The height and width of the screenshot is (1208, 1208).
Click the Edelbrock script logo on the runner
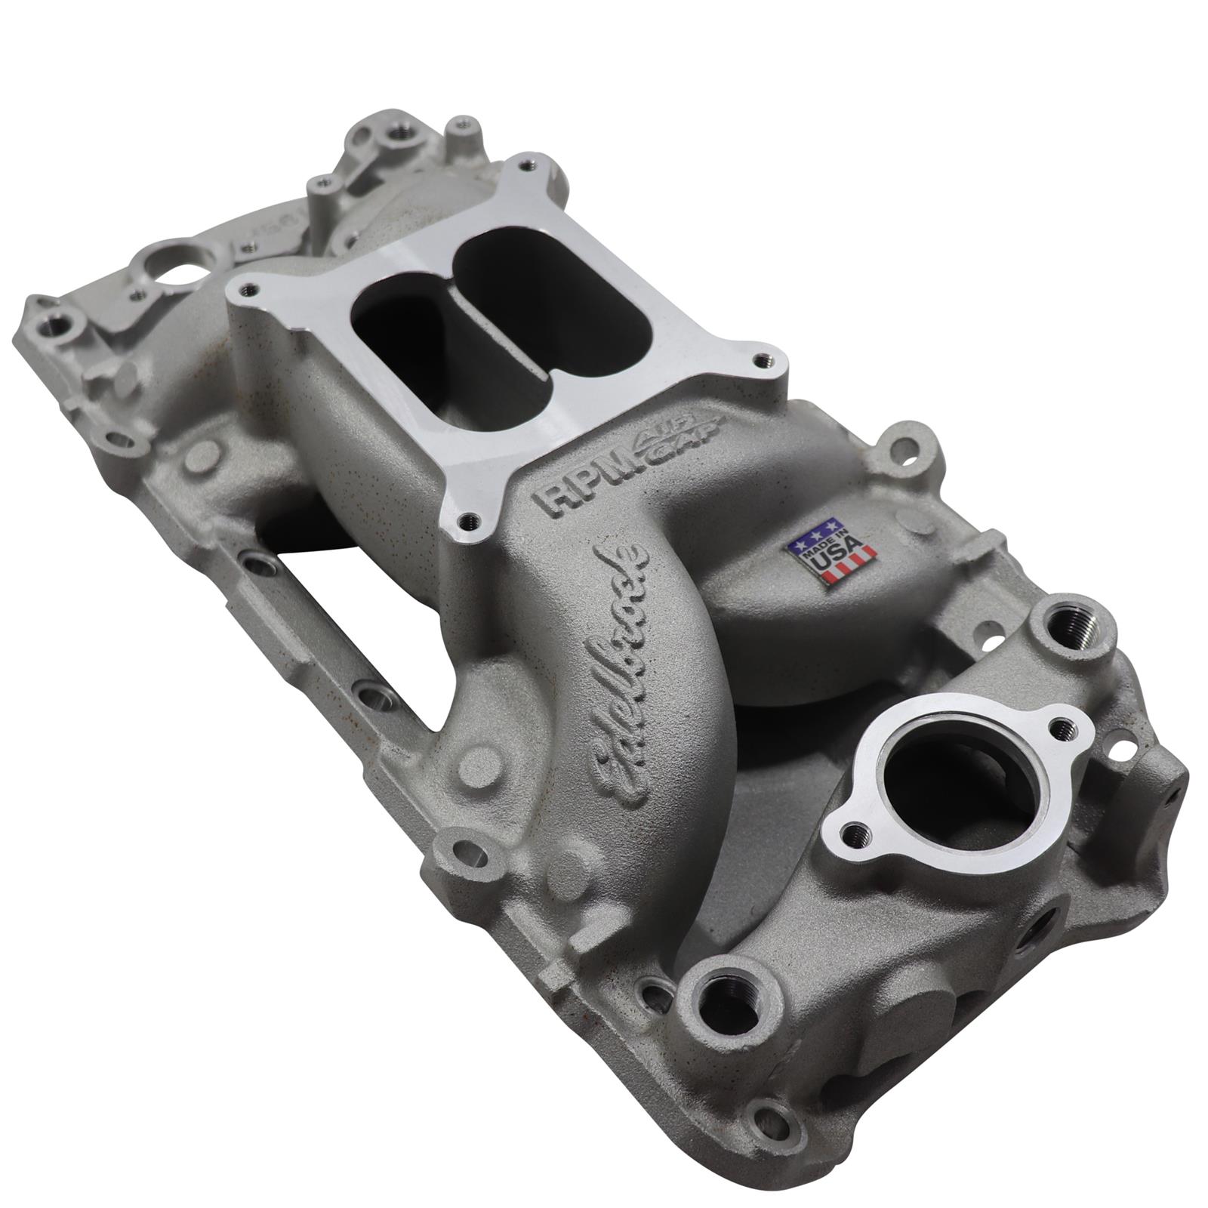(x=619, y=664)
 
